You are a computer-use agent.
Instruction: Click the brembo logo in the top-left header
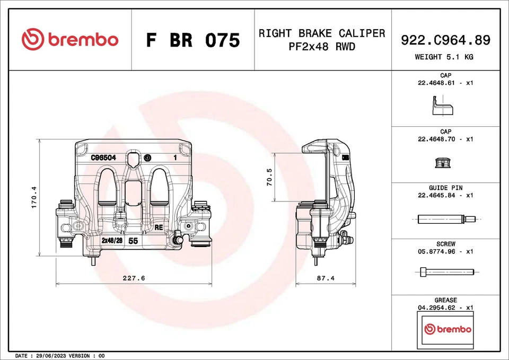tap(70, 40)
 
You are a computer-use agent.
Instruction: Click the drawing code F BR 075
tap(192, 40)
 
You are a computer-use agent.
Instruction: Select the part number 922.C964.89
tap(445, 40)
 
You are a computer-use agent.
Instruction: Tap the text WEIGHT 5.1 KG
tap(445, 57)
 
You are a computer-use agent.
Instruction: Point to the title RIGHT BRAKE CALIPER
tap(322, 33)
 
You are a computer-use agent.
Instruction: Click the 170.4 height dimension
tap(34, 197)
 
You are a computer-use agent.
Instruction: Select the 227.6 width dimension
tap(134, 278)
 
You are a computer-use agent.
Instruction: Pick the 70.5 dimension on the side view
tap(269, 177)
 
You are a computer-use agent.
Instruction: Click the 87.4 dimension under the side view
tap(325, 278)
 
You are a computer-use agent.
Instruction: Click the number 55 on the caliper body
tap(134, 241)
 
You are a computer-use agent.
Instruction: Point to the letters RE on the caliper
tap(158, 227)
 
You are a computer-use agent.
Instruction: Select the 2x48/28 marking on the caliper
tap(112, 241)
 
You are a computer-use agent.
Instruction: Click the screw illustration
tap(444, 273)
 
